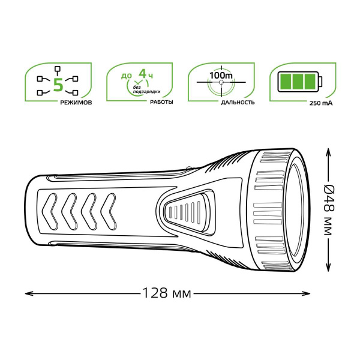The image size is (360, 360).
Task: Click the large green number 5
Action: pos(58,85)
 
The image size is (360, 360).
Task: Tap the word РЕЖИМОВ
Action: pos(76,103)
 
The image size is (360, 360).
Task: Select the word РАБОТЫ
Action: pos(161,102)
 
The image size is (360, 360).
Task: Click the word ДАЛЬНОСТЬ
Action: pos(238,103)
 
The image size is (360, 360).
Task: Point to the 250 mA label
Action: pos(321,103)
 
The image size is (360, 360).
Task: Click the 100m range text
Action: pos(221,76)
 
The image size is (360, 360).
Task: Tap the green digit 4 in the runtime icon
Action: pos(143,74)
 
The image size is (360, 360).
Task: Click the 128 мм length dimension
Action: pos(167,293)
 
